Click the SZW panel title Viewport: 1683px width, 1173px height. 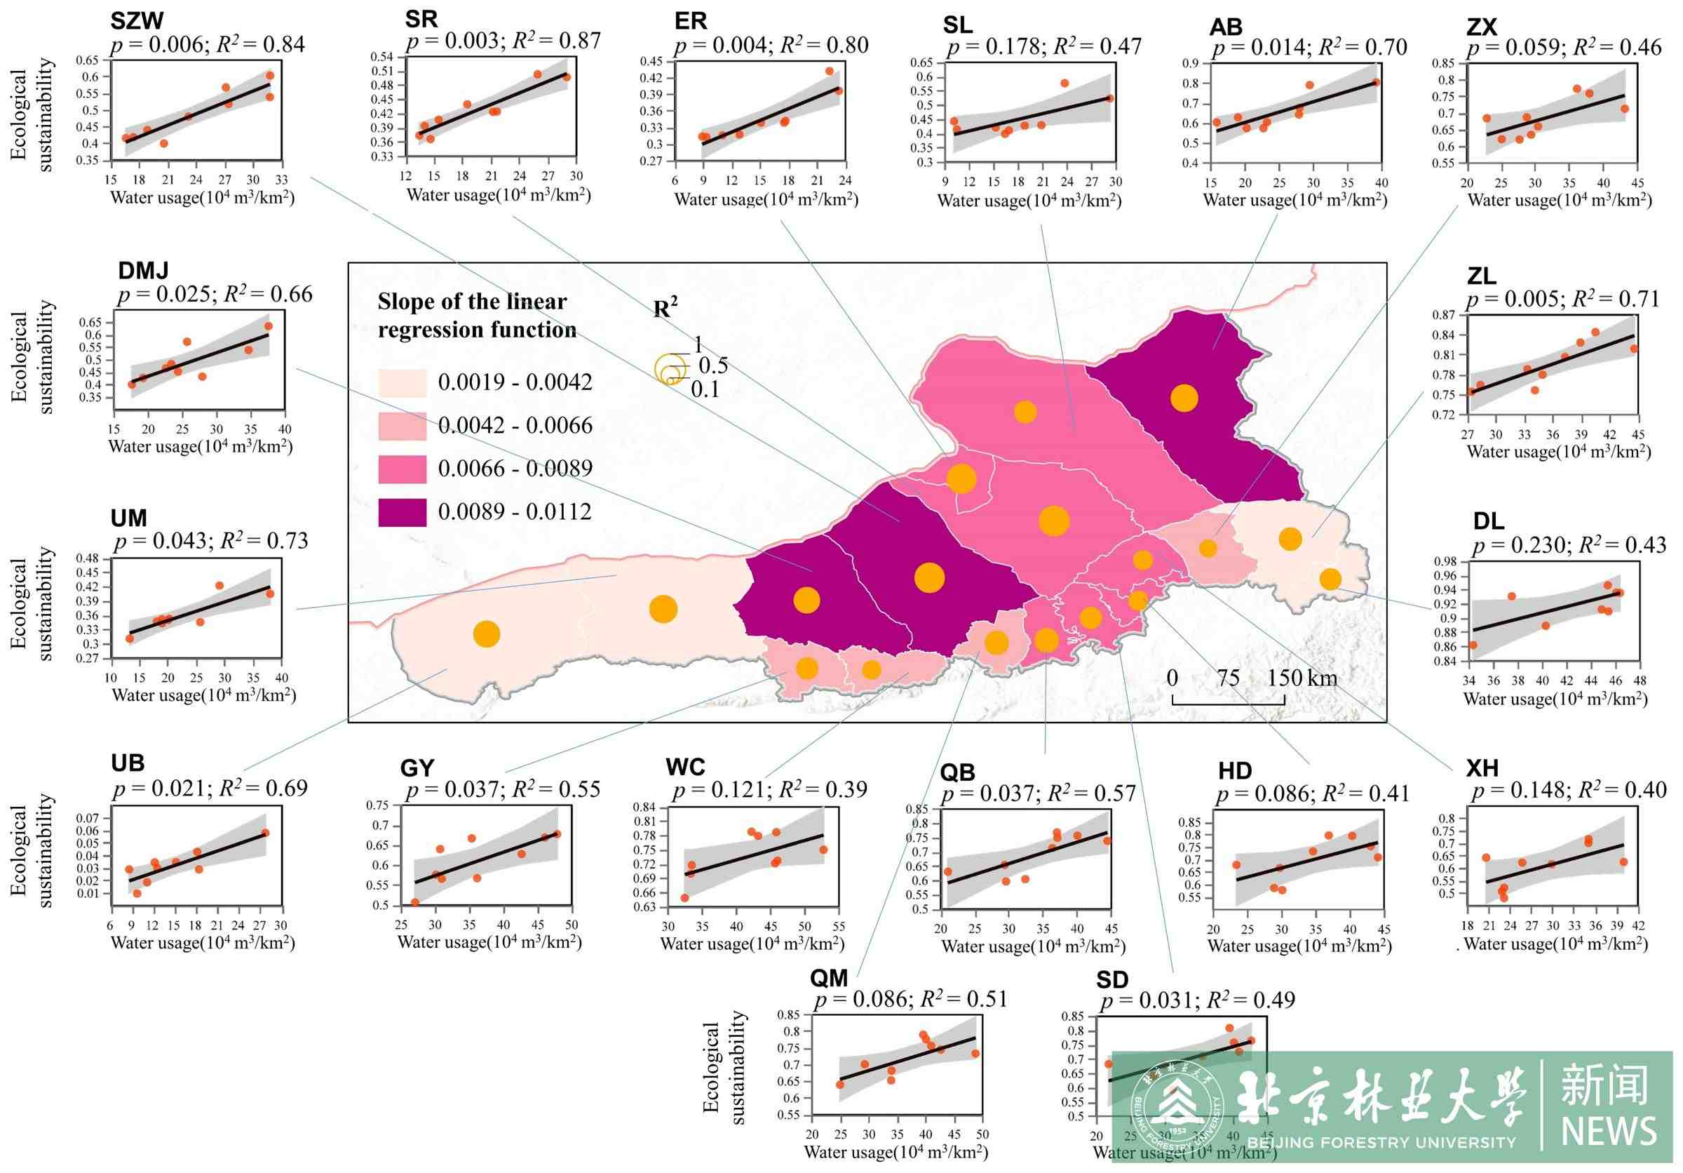[x=136, y=20]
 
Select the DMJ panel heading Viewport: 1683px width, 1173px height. [x=143, y=271]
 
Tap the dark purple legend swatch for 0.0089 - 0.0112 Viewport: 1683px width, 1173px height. [x=402, y=512]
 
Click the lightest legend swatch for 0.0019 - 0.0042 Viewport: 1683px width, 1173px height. [x=402, y=382]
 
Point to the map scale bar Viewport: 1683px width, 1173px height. [x=1228, y=702]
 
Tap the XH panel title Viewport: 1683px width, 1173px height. [x=1482, y=768]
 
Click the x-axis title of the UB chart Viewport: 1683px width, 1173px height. [x=203, y=942]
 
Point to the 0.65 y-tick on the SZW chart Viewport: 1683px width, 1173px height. [x=86, y=60]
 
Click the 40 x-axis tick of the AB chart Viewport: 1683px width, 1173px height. [x=1381, y=182]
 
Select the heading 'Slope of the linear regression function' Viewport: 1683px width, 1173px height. [x=476, y=315]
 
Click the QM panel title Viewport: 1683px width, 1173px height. [x=828, y=977]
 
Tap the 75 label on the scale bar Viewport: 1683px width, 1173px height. [x=1228, y=678]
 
